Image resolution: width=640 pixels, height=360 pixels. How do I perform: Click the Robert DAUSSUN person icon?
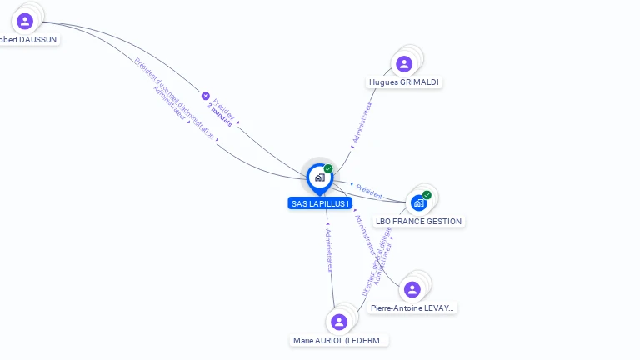click(x=25, y=21)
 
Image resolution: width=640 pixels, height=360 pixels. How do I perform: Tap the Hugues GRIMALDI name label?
click(x=404, y=82)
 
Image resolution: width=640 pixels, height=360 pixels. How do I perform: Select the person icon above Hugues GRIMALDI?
click(x=404, y=64)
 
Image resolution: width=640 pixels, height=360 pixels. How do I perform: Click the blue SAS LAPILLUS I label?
click(x=319, y=203)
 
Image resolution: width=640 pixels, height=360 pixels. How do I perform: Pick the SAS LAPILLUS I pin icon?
click(x=319, y=177)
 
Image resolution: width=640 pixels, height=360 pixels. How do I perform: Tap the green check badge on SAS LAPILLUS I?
click(x=328, y=169)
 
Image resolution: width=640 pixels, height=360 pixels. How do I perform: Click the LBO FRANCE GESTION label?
click(x=418, y=221)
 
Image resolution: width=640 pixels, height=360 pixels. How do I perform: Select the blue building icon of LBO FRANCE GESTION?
click(x=418, y=202)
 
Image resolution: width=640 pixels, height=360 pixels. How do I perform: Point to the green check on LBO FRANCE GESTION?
click(x=427, y=195)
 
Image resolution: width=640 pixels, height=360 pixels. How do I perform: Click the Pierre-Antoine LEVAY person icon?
click(x=412, y=289)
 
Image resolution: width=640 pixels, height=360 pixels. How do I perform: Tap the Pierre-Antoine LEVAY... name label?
click(x=413, y=307)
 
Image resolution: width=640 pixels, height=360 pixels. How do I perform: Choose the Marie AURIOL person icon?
click(x=338, y=322)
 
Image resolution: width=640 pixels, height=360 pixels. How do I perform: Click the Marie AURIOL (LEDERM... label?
click(x=340, y=340)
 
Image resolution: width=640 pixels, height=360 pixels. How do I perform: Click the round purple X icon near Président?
click(x=206, y=96)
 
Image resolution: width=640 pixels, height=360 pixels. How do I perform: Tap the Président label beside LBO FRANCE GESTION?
click(x=369, y=191)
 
